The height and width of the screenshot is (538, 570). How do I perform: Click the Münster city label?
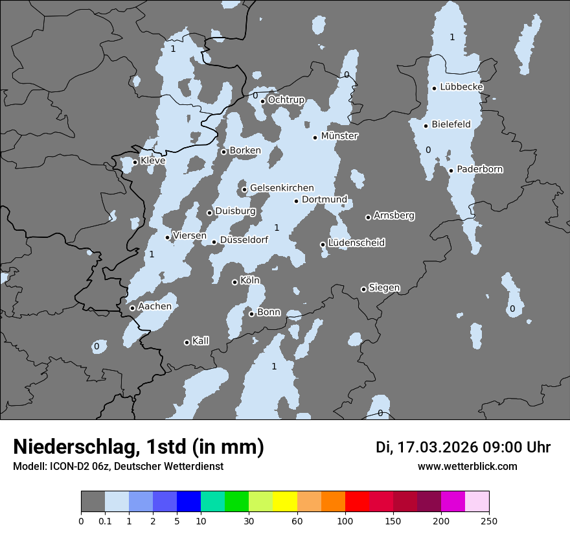339,136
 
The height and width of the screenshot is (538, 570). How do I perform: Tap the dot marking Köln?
235,282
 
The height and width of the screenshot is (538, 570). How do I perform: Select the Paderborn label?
480,169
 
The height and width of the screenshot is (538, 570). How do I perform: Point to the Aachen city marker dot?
132,308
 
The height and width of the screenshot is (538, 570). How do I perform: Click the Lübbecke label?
461,87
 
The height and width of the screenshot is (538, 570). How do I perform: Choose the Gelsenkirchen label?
282,188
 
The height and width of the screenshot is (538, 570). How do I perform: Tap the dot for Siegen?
363,289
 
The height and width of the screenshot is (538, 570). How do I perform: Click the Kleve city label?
153,161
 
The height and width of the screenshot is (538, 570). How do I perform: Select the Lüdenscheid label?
356,243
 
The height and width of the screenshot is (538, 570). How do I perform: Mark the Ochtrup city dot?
263,101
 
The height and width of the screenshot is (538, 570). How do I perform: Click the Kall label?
201,341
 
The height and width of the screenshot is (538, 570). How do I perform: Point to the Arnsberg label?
394,215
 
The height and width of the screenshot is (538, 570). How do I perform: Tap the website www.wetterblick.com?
468,467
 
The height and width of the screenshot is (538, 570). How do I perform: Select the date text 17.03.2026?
437,447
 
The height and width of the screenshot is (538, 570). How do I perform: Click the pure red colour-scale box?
357,502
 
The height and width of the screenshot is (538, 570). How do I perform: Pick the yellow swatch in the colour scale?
285,502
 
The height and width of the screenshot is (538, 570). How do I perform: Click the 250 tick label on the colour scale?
489,520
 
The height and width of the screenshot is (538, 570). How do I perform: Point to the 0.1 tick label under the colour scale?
105,520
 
